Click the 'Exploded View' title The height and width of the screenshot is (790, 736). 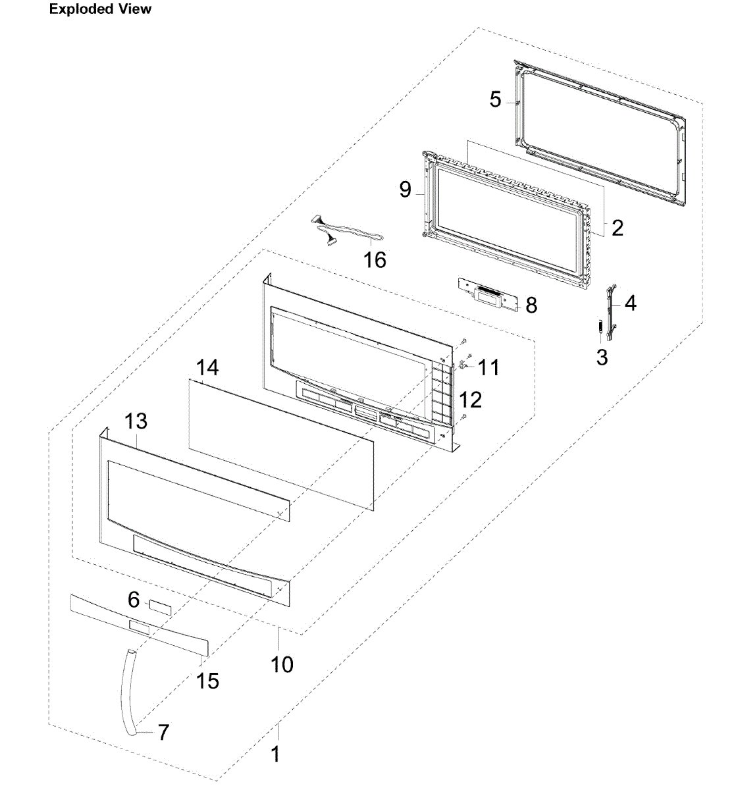100,9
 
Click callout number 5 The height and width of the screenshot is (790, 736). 496,100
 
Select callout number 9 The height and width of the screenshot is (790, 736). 406,190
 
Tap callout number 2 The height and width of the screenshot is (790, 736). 617,228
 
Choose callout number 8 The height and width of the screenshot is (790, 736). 531,305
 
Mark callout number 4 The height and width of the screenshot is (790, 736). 630,303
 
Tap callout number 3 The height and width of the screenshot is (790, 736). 602,357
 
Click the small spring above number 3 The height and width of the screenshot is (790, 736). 600,327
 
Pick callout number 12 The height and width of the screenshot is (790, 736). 471,400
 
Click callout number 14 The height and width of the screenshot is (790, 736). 207,367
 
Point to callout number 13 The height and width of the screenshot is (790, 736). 136,421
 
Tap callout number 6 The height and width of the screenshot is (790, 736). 134,600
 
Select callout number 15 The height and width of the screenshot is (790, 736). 207,681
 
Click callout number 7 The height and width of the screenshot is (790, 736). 163,732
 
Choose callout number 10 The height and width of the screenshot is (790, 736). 282,664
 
